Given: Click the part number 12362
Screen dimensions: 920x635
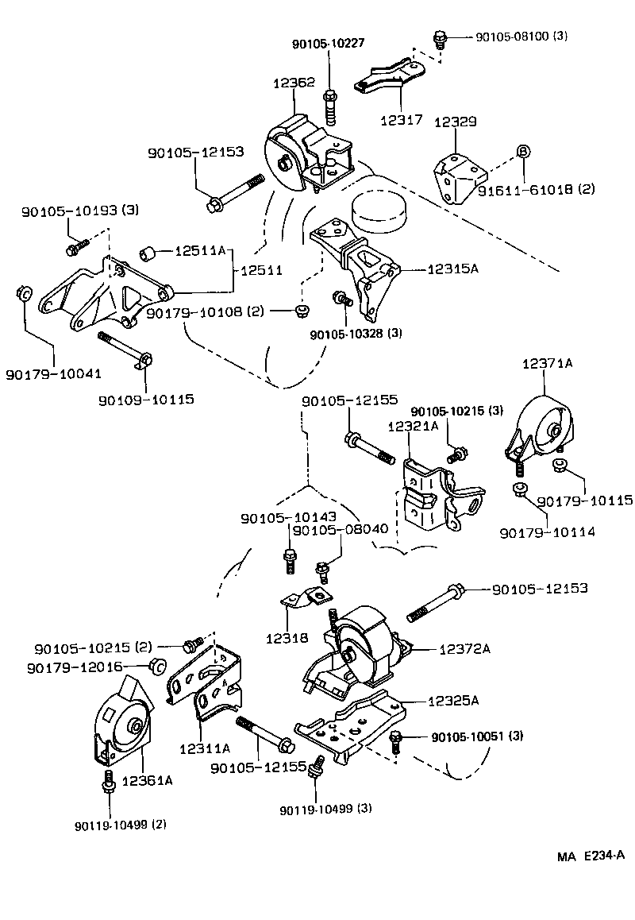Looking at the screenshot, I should [x=293, y=82].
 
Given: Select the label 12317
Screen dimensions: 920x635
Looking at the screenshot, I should [x=401, y=120].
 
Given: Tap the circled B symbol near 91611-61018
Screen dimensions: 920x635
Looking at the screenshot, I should [x=523, y=152].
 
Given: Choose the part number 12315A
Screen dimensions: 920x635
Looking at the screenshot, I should [x=453, y=269].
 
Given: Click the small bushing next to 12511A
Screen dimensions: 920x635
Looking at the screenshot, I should [x=147, y=253].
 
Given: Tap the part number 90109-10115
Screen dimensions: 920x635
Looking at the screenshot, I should [x=146, y=399].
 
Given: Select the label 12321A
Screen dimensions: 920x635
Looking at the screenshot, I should [x=413, y=427].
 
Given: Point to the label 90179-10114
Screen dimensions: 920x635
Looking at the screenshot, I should [x=548, y=532].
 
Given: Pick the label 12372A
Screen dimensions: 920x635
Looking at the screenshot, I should [x=465, y=649].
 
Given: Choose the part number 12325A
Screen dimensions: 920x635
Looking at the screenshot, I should [x=453, y=701].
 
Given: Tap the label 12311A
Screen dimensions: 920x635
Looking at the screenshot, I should [x=205, y=748].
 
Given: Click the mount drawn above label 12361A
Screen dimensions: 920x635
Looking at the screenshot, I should [x=123, y=723].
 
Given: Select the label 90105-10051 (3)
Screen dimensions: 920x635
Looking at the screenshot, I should [x=478, y=738].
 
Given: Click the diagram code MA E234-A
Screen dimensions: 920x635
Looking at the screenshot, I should [x=591, y=856].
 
